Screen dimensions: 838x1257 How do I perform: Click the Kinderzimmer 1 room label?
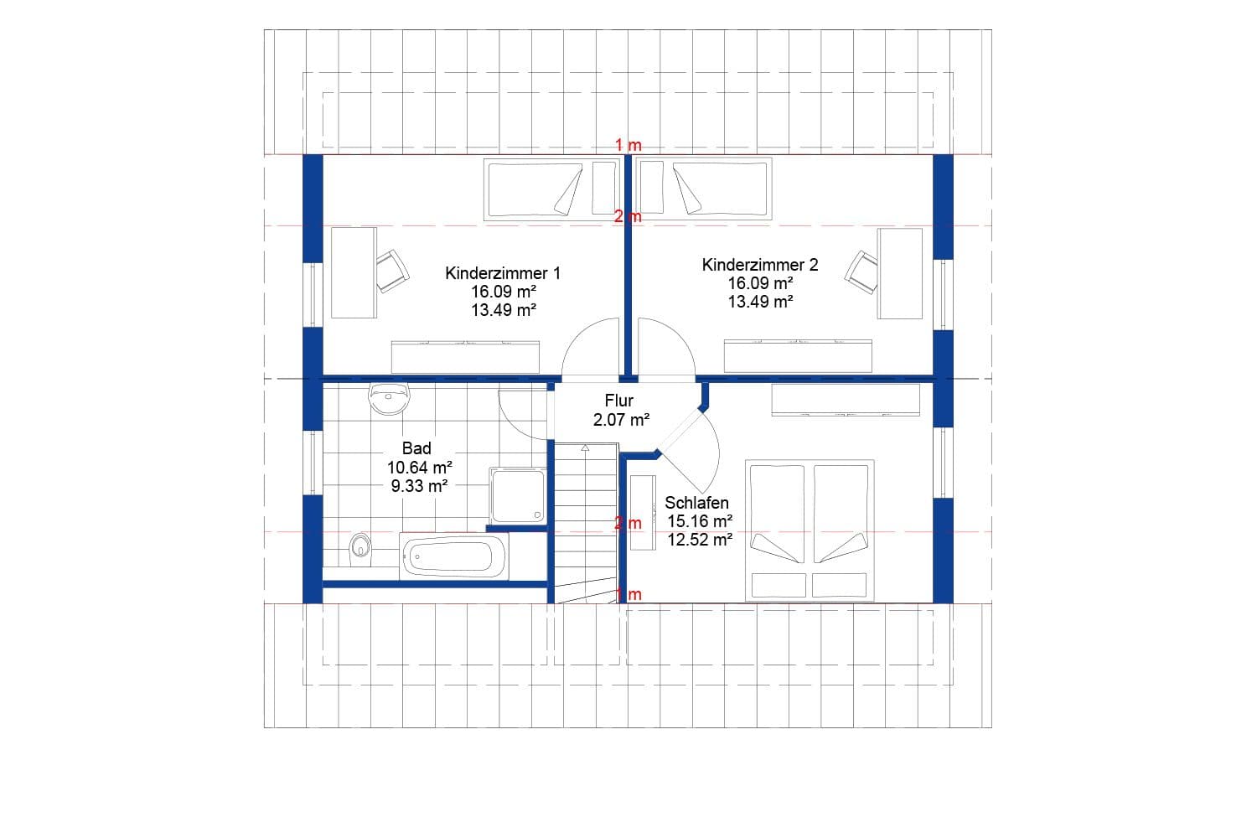(x=503, y=273)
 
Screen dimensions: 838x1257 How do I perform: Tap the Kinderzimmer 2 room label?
(x=760, y=265)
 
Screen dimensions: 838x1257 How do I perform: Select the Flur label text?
(x=619, y=401)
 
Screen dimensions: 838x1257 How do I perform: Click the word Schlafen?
(x=696, y=503)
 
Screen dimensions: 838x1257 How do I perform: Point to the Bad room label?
(x=416, y=448)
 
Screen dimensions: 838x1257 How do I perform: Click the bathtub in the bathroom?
(x=454, y=556)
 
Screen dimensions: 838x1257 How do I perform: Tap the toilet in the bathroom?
(x=360, y=547)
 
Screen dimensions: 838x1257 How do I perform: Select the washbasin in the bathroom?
(x=390, y=398)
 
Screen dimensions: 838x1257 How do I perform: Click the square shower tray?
(x=517, y=495)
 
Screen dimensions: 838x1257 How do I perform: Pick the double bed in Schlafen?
(x=810, y=530)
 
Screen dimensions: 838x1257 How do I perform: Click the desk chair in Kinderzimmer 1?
(x=391, y=271)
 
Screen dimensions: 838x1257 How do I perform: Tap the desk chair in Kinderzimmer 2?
(x=861, y=272)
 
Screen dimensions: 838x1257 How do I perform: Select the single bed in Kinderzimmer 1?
(x=535, y=190)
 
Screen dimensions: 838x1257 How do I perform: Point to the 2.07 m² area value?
(x=621, y=420)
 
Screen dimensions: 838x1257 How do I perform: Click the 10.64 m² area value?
(x=420, y=467)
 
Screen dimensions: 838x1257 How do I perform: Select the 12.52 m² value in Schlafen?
(x=700, y=540)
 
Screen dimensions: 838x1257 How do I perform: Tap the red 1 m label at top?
(x=628, y=145)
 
